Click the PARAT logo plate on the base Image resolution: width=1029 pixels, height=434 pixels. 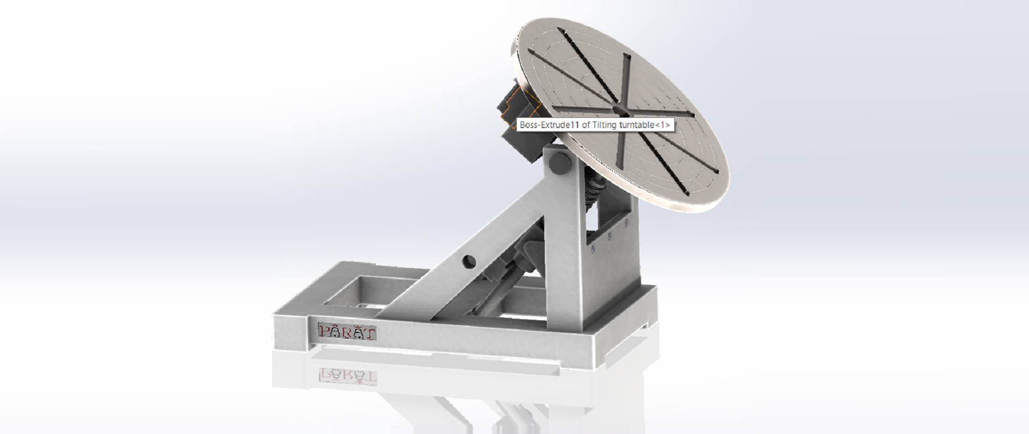click(347, 332)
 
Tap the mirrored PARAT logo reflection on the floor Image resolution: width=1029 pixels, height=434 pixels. click(348, 376)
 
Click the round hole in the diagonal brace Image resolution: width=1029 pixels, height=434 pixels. click(469, 262)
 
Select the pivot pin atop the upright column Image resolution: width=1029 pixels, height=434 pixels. click(559, 162)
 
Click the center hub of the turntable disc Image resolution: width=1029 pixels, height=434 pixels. click(621, 110)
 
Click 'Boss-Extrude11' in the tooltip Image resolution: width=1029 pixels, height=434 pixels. click(549, 125)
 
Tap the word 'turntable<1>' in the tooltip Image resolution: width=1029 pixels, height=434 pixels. click(645, 125)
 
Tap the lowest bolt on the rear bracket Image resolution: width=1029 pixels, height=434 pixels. click(592, 248)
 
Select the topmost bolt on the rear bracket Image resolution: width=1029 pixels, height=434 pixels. click(626, 225)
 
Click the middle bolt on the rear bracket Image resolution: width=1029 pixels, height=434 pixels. click(609, 236)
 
